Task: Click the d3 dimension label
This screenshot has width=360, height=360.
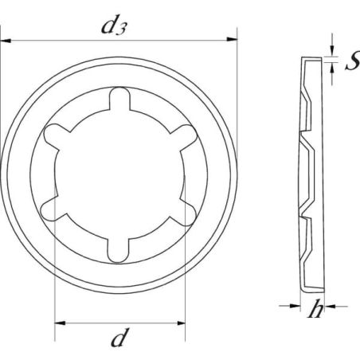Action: click(114, 25)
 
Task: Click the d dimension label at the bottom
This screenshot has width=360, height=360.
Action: click(120, 337)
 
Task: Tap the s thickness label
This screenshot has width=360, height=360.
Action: click(353, 62)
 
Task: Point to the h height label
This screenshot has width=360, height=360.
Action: click(316, 308)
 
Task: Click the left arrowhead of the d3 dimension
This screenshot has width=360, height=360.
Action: click(6, 41)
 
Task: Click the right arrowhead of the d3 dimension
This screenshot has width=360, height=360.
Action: click(232, 40)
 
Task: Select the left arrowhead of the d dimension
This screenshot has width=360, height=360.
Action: click(60, 323)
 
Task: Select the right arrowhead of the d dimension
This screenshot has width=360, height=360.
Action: click(181, 323)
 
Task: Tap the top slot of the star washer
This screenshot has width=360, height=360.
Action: click(119, 99)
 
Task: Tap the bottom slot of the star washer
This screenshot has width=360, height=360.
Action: click(118, 251)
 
